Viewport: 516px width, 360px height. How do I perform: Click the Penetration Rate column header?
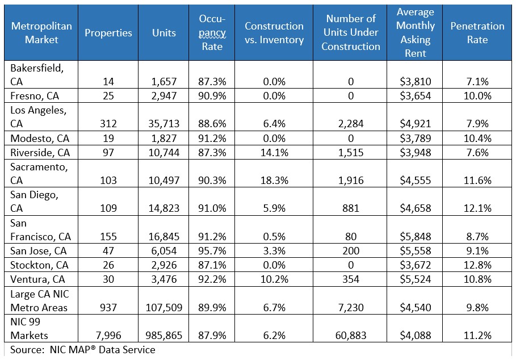coord(477,32)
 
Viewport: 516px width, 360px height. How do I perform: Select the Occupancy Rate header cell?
coord(212,32)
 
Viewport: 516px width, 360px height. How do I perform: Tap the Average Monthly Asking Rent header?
coord(416,32)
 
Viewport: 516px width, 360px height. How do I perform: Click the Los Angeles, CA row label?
coord(38,116)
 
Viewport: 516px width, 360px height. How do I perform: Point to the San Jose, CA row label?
coord(38,251)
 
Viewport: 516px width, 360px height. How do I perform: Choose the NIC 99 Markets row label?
coord(29,328)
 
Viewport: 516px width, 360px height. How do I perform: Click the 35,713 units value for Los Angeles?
coord(164,123)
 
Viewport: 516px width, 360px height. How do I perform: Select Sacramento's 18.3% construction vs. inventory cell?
coord(274,181)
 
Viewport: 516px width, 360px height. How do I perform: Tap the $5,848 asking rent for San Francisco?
coord(416,237)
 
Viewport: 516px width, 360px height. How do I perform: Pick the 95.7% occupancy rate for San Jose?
coord(212,251)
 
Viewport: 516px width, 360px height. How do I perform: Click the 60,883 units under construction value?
coord(351,336)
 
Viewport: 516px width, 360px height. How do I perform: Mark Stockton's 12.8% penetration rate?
coord(477,265)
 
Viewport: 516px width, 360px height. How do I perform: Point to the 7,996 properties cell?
coord(108,336)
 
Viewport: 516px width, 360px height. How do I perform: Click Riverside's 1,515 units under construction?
coord(351,152)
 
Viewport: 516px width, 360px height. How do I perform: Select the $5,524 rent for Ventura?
coord(416,279)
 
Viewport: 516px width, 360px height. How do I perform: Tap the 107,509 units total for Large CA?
coord(164,307)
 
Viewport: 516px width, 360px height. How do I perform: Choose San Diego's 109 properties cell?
coord(108,208)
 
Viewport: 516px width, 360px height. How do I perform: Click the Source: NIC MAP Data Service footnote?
coord(83,349)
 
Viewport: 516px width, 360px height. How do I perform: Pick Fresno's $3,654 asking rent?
coord(416,96)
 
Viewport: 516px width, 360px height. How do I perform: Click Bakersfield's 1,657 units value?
coord(164,81)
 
